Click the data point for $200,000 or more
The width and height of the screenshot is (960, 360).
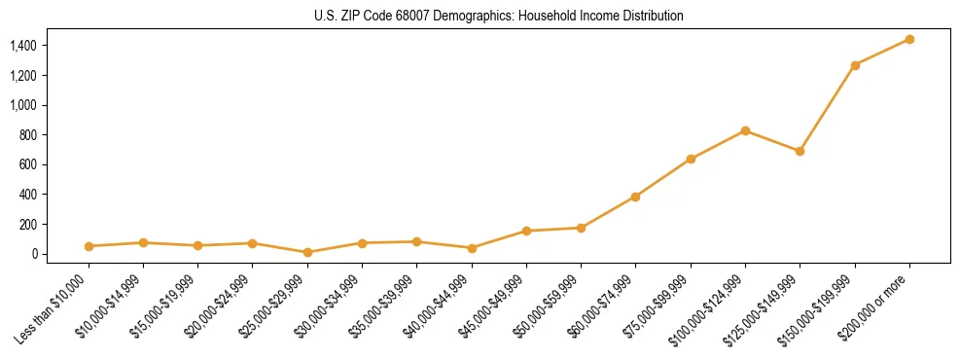coord(909,39)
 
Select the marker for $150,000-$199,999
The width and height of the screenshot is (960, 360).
coord(855,65)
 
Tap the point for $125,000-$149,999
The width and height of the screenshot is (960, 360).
coord(800,151)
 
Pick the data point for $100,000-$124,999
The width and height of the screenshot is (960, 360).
coord(745,130)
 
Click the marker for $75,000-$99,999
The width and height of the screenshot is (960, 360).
coord(691,159)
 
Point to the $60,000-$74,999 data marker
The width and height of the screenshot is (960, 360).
coord(635,197)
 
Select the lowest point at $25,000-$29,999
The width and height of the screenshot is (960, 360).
coord(307,252)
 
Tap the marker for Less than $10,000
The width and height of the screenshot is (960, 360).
coord(89,246)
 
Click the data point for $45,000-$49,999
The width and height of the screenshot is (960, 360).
coord(526,231)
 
